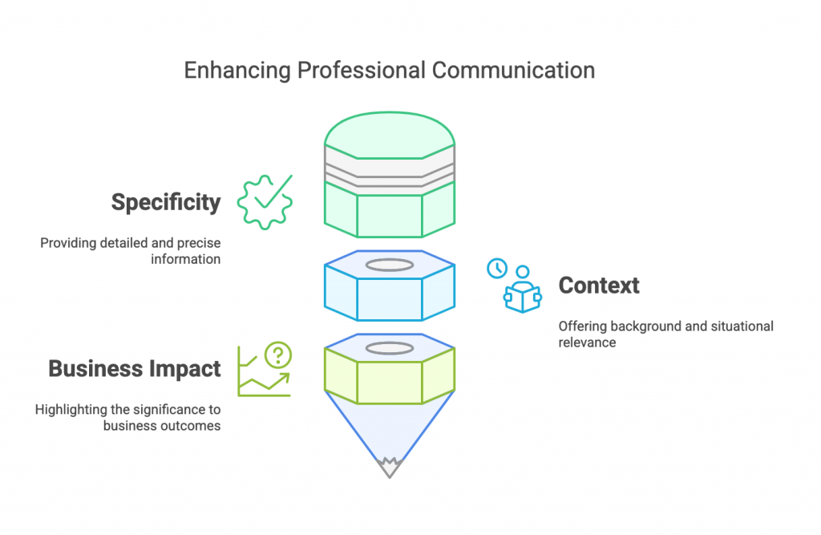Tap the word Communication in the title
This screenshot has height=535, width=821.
pyautogui.click(x=514, y=71)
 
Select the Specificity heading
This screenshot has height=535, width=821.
pyautogui.click(x=166, y=202)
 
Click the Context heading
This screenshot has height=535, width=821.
pyautogui.click(x=599, y=286)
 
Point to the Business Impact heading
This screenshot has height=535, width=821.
pyautogui.click(x=135, y=369)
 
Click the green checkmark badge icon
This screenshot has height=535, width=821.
pyautogui.click(x=265, y=202)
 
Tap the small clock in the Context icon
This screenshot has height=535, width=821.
pyautogui.click(x=497, y=268)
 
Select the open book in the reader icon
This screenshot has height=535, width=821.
pyautogui.click(x=522, y=298)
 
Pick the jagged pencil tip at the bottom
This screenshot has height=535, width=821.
pyautogui.click(x=390, y=465)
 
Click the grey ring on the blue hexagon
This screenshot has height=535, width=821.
pyautogui.click(x=390, y=264)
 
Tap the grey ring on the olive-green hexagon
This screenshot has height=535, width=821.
pyautogui.click(x=390, y=347)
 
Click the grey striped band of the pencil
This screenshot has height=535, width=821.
pyautogui.click(x=390, y=171)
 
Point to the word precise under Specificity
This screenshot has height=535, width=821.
pyautogui.click(x=200, y=243)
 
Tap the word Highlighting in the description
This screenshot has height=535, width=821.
pyautogui.click(x=71, y=410)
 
